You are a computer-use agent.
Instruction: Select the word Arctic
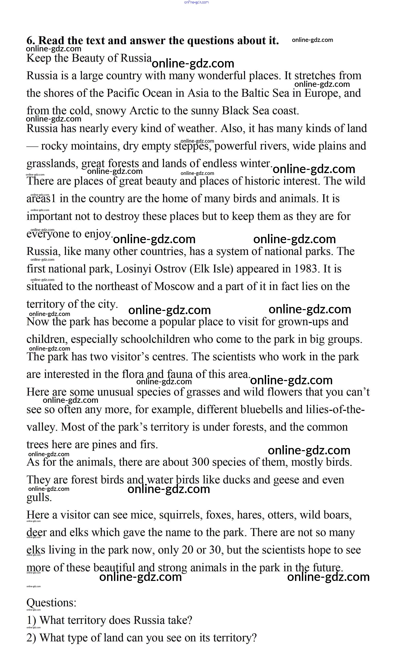(x=144, y=111)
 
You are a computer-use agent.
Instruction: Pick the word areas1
(x=41, y=199)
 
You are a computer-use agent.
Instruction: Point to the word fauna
(x=180, y=374)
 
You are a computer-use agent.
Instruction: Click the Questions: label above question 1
(x=51, y=602)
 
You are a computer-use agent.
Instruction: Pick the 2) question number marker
(x=31, y=638)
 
